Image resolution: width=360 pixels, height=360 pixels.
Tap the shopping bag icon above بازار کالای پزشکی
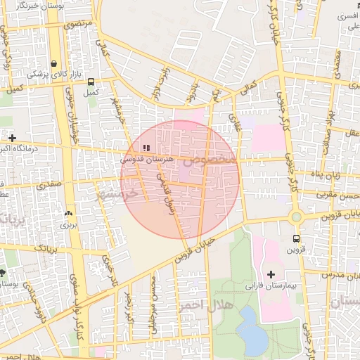point(53,63)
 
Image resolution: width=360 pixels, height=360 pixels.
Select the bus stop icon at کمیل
point(90,81)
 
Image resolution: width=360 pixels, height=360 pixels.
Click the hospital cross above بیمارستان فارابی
point(271,274)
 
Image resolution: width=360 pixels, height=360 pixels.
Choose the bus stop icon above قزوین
point(296,238)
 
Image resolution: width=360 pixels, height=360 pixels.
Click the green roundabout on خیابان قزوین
point(296,217)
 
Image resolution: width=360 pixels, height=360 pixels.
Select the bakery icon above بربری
point(68,214)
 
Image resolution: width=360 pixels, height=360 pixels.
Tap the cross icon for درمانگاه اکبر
point(11,137)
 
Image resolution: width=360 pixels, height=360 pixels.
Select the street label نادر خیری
point(109,271)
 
